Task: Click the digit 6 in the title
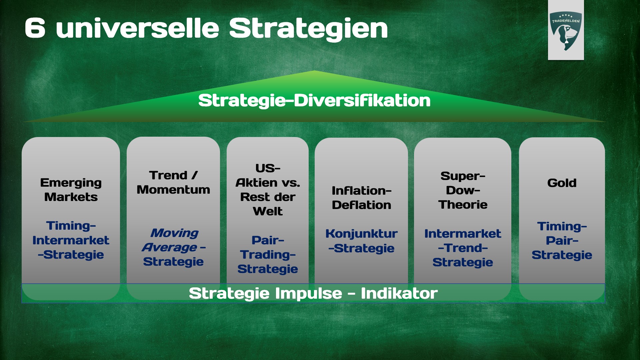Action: point(35,28)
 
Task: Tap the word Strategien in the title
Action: point(308,29)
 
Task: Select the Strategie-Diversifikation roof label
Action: point(314,101)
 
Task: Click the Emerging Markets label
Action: point(71,190)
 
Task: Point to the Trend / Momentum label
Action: point(173,182)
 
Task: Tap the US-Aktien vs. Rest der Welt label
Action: point(268,190)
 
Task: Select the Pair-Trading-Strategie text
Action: point(268,254)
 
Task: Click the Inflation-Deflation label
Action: point(361,198)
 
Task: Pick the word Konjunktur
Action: point(361,234)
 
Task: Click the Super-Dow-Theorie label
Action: point(463,190)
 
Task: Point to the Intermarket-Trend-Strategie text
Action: point(463,248)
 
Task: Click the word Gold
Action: point(562,183)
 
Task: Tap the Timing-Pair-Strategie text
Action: point(562,241)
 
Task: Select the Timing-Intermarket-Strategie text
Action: point(71,240)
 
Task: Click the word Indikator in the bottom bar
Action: point(399,293)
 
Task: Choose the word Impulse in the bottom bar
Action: point(309,293)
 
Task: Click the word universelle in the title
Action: point(137,28)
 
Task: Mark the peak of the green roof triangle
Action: point(314,71)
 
